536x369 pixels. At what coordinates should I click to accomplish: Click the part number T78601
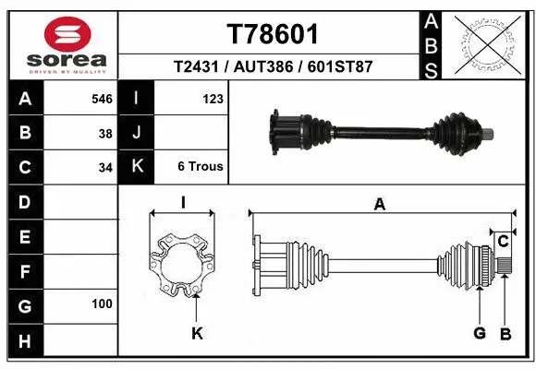(273, 34)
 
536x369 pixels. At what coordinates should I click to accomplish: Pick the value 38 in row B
(105, 133)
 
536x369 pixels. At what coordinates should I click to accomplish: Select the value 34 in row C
(105, 168)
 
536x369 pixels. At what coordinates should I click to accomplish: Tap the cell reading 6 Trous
(201, 167)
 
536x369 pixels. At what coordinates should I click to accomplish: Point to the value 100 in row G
(102, 304)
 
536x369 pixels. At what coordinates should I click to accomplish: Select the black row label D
(24, 201)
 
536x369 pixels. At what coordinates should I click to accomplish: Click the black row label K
(137, 167)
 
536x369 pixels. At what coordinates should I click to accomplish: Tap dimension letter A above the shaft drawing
(379, 205)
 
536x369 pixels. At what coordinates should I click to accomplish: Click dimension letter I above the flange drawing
(183, 203)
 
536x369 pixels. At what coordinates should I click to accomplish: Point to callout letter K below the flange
(196, 333)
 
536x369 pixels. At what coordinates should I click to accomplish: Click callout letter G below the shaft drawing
(480, 333)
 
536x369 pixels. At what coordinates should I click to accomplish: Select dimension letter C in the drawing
(504, 241)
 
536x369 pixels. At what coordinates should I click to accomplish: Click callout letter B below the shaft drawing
(506, 333)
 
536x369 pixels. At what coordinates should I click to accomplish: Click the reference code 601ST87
(340, 67)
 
